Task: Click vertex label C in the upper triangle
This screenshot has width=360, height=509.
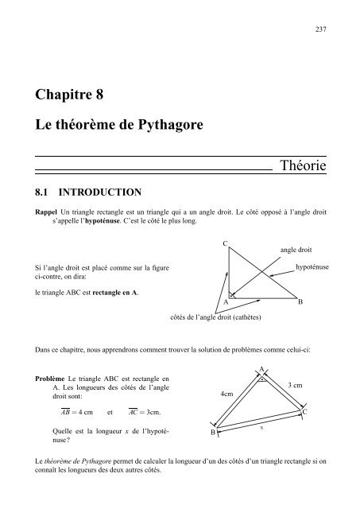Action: point(226,242)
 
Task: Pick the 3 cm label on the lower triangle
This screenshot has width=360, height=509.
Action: point(295,385)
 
